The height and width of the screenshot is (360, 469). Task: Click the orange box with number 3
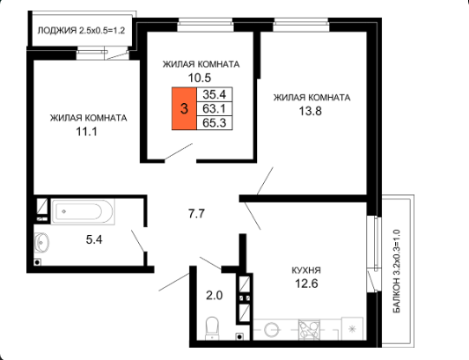(x=184, y=108)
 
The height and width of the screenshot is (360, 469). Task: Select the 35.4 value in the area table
(x=214, y=94)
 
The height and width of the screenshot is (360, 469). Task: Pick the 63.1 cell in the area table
(x=214, y=108)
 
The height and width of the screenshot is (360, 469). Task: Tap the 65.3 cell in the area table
(x=214, y=122)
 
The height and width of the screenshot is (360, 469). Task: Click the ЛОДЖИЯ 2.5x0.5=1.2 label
(x=81, y=31)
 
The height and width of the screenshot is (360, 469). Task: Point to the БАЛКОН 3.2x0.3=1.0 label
(x=396, y=271)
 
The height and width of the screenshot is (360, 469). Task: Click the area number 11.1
(x=87, y=132)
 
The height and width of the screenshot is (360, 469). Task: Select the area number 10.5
(x=200, y=77)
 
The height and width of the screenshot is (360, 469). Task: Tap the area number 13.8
(x=311, y=111)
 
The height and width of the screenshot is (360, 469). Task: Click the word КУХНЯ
(x=306, y=270)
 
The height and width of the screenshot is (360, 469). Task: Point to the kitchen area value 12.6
(x=306, y=283)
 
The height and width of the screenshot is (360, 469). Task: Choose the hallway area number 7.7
(x=196, y=214)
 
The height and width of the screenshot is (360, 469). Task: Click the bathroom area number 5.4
(x=94, y=239)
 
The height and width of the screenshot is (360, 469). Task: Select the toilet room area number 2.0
(x=215, y=296)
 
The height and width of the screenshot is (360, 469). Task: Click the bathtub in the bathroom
(x=83, y=211)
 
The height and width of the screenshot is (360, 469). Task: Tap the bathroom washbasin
(x=41, y=242)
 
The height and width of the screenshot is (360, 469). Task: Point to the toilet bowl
(x=212, y=328)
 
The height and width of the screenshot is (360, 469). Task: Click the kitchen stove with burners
(x=309, y=330)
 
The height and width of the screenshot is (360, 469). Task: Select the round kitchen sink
(x=272, y=330)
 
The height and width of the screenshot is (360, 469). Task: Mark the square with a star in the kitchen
(x=352, y=328)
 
